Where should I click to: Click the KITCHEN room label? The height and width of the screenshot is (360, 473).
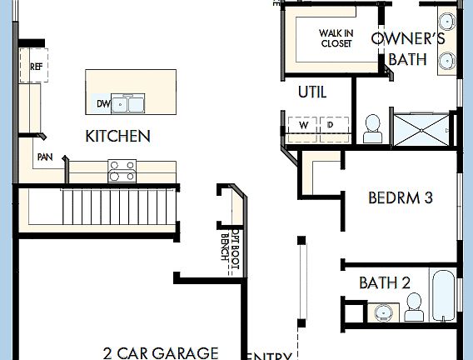[x=117, y=136]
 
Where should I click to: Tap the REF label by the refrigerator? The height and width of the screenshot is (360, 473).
[x=37, y=66]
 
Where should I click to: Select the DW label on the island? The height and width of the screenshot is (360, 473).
[x=103, y=104]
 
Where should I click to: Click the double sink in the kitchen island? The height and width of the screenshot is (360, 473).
[x=128, y=104]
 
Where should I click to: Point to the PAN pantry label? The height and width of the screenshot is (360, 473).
[x=44, y=157]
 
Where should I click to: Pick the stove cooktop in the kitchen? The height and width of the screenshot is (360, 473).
[x=122, y=172]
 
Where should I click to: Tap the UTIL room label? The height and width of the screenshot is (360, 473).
[x=312, y=92]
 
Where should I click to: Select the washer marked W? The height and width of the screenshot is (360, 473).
[x=303, y=125]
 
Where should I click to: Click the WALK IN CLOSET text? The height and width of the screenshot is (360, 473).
[x=336, y=38]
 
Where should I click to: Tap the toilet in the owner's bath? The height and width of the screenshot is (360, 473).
[x=372, y=126]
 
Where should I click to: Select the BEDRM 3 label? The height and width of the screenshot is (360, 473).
[x=400, y=198]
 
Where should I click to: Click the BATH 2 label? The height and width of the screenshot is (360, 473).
[x=384, y=283]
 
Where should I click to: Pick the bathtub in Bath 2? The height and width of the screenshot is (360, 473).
[x=443, y=296]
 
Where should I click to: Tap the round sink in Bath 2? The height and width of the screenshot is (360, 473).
[x=382, y=313]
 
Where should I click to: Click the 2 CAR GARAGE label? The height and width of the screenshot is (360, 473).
[x=160, y=352]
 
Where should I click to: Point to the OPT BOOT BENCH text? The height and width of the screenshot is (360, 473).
[x=224, y=242]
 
